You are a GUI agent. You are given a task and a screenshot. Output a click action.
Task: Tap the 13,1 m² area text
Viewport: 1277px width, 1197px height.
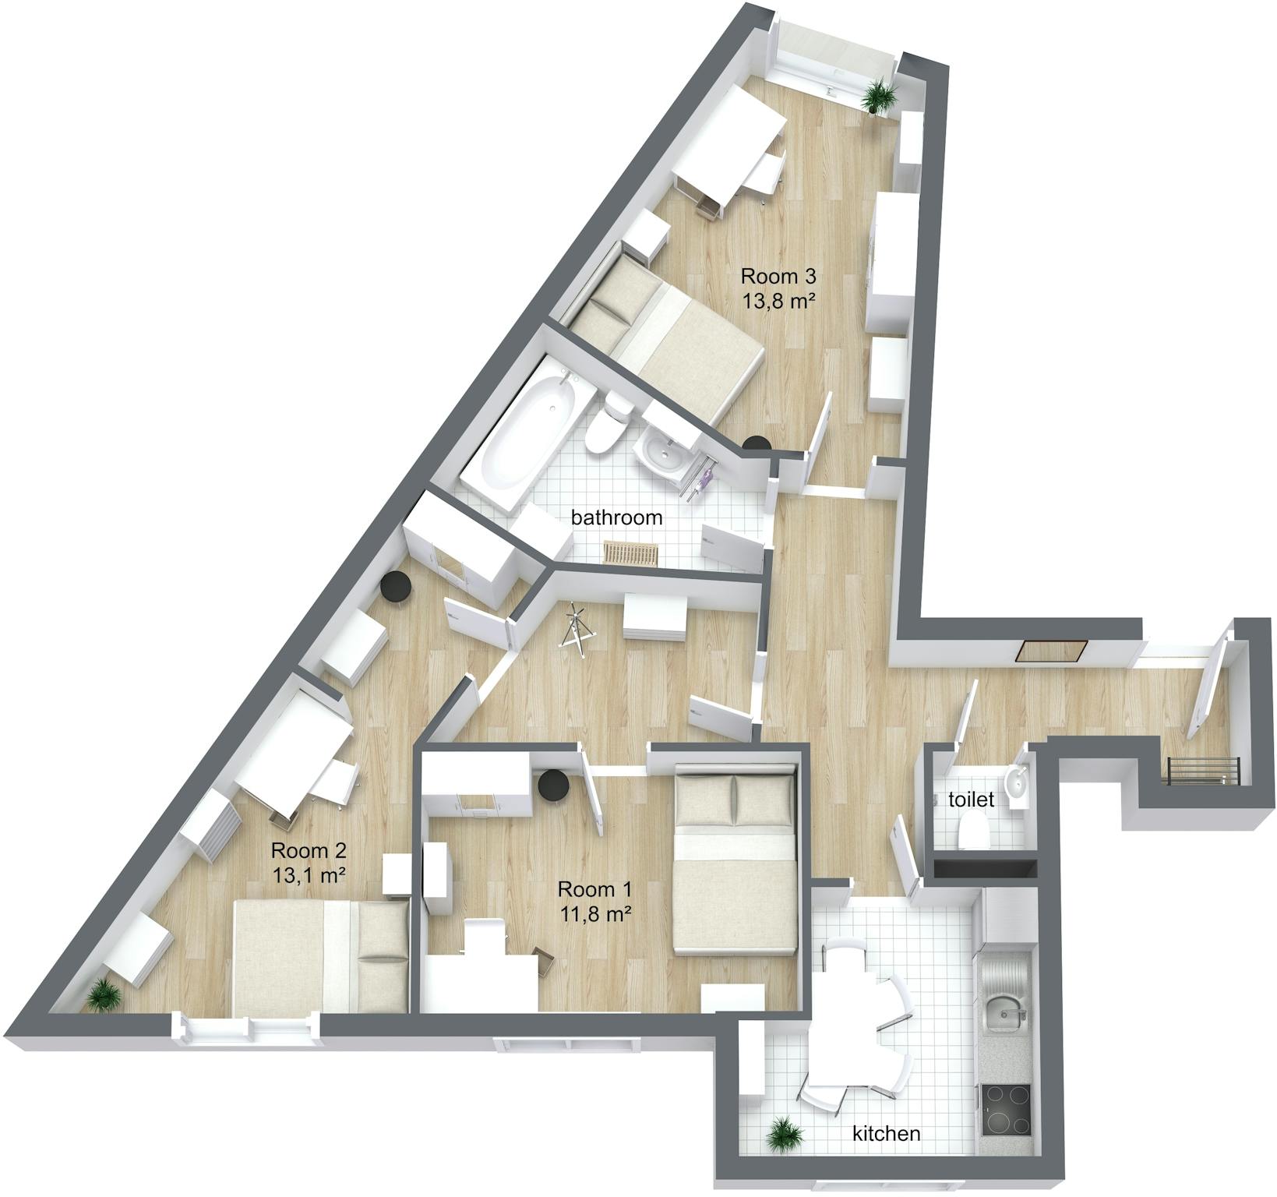309,874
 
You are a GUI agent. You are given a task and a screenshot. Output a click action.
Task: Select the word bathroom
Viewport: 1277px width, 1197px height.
616,517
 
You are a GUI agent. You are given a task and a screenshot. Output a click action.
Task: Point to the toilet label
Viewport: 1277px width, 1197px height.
971,800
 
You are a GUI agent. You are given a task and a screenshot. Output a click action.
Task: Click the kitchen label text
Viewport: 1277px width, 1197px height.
886,1133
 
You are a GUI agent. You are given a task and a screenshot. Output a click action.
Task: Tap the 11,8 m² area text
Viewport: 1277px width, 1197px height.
594,913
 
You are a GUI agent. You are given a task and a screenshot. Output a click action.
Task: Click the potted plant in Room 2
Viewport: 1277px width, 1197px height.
104,995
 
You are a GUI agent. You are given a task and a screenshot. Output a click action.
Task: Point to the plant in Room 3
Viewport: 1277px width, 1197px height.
879,95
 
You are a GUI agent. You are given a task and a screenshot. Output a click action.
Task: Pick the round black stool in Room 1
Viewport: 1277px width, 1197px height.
554,786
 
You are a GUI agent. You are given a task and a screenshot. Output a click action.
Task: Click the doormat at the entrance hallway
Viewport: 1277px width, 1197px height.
1052,651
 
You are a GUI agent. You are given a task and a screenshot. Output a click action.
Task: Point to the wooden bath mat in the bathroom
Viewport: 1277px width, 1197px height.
631,553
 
